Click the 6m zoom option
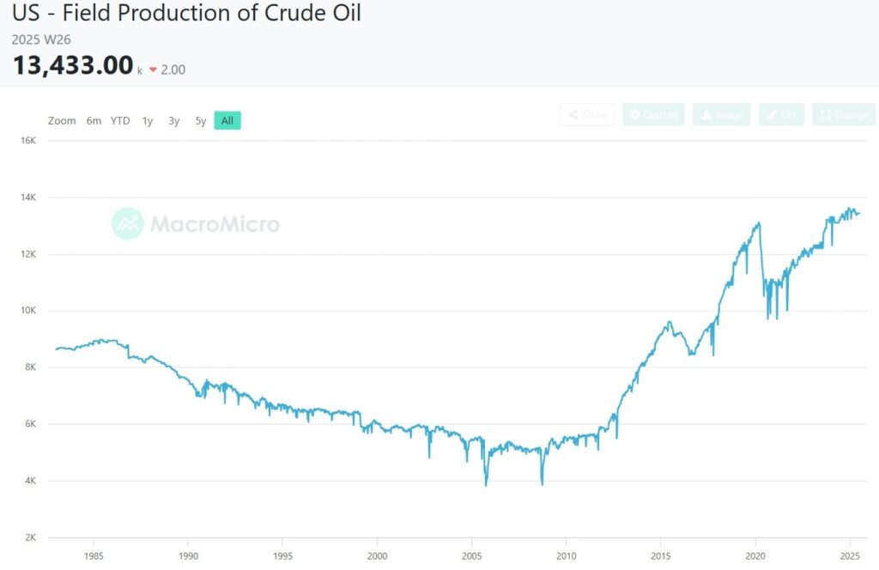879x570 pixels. tap(94, 121)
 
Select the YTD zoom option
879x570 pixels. tap(120, 121)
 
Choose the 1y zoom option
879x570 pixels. tap(148, 121)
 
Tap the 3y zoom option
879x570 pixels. tap(174, 121)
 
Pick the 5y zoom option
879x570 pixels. tap(200, 121)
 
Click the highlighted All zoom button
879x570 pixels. tap(227, 121)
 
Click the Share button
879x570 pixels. tap(587, 115)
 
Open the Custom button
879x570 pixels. tap(653, 115)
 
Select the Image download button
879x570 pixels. tap(721, 115)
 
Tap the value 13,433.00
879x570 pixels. tap(73, 65)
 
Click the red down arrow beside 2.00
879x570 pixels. tap(153, 70)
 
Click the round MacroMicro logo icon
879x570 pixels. tap(128, 224)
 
